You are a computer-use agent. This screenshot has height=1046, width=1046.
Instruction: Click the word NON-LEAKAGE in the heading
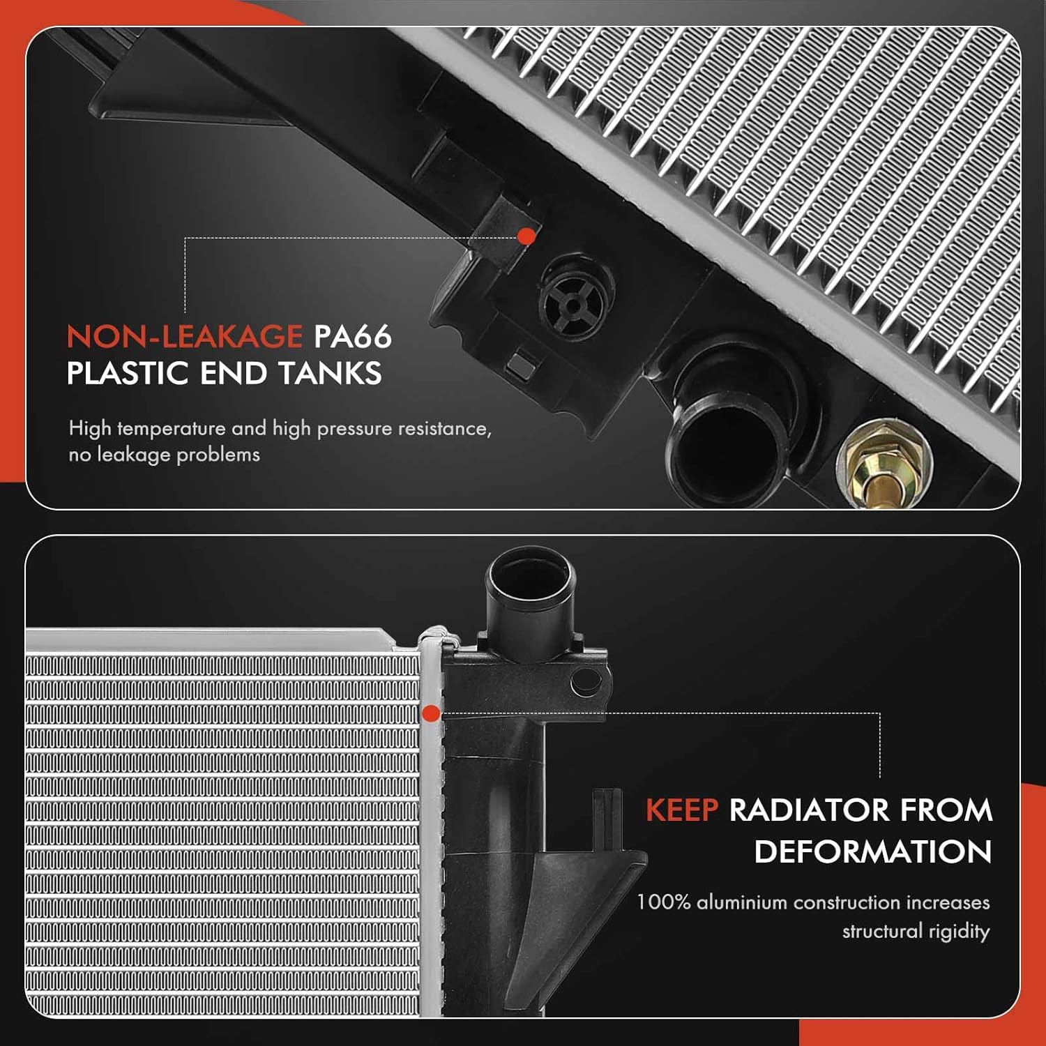(x=184, y=337)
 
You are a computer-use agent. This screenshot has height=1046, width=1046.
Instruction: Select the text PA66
(x=352, y=337)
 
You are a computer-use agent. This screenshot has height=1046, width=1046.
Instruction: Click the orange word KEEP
(x=681, y=810)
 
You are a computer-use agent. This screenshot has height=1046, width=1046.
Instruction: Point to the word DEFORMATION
(x=872, y=852)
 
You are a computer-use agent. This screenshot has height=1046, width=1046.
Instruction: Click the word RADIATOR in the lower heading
(x=809, y=810)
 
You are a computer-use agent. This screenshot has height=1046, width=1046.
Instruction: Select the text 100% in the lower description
(x=663, y=902)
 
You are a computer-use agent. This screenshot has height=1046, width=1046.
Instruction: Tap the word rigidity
(x=958, y=932)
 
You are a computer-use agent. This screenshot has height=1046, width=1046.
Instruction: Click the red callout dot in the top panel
(x=526, y=236)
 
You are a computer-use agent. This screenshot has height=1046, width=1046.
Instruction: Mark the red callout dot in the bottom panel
(x=431, y=713)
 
